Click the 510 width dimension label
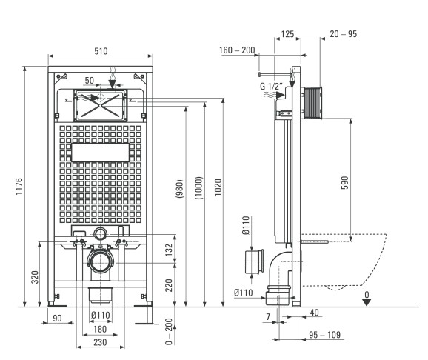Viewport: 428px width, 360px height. click(x=101, y=51)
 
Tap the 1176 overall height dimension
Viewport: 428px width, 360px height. click(x=19, y=186)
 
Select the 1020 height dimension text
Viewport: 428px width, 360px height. click(x=218, y=187)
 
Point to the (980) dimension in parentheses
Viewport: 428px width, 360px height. click(x=180, y=188)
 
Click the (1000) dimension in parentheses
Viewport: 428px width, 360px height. click(x=199, y=187)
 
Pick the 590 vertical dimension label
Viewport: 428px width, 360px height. click(x=345, y=182)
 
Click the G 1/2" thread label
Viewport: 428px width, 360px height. click(x=270, y=86)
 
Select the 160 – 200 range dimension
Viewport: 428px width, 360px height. click(x=237, y=50)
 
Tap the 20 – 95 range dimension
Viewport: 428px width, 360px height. click(x=343, y=34)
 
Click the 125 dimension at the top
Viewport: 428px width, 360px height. click(x=287, y=34)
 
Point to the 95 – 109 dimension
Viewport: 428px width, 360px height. click(x=324, y=335)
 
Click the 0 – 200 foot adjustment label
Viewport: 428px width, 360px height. click(x=170, y=331)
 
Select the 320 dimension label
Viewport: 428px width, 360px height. click(x=35, y=277)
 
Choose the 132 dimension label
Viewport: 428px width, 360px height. click(x=170, y=250)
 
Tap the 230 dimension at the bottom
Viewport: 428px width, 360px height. click(x=100, y=342)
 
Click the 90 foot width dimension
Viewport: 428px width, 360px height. click(x=57, y=319)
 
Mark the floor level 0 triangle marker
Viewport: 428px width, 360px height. click(x=367, y=302)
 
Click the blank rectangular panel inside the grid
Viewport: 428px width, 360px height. click(x=100, y=153)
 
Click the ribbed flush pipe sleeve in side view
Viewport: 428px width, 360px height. click(x=312, y=103)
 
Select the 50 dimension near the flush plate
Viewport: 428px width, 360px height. click(x=90, y=81)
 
